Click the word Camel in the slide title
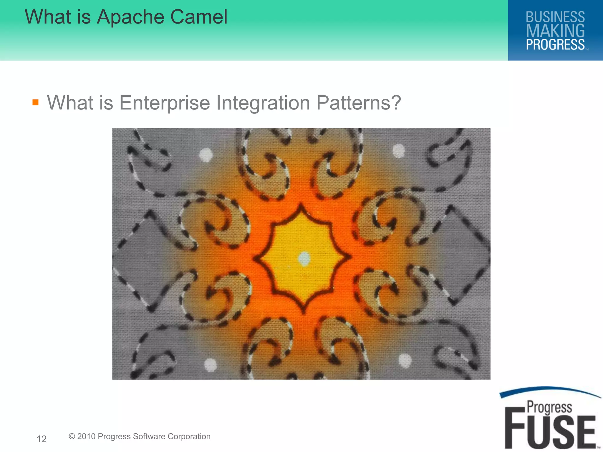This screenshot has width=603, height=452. pyautogui.click(x=199, y=17)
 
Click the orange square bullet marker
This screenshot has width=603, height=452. pyautogui.click(x=36, y=102)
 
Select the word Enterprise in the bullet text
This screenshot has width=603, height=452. pyautogui.click(x=165, y=103)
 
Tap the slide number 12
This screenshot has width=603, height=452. pyautogui.click(x=42, y=439)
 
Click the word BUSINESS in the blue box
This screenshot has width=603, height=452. pyautogui.click(x=555, y=17)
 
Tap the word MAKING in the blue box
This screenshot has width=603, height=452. pyautogui.click(x=555, y=31)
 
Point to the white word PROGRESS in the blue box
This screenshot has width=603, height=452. pyautogui.click(x=555, y=45)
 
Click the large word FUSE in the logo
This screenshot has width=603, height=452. pyautogui.click(x=550, y=431)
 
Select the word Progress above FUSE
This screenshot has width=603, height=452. pyautogui.click(x=549, y=408)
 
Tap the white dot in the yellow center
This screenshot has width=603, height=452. pyautogui.click(x=304, y=258)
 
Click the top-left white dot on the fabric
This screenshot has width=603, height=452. pyautogui.click(x=206, y=154)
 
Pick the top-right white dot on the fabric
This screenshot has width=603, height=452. pyautogui.click(x=399, y=151)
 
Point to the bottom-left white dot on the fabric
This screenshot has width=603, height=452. pyautogui.click(x=211, y=365)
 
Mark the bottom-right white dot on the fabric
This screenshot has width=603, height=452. pyautogui.click(x=405, y=360)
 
